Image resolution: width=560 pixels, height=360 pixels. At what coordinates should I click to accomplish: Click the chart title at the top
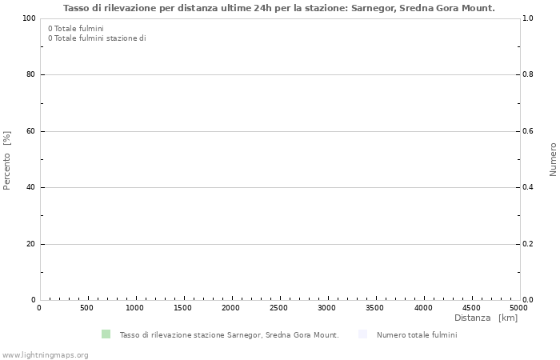click(278, 8)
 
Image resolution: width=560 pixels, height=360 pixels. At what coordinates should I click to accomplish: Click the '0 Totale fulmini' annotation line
click(76, 28)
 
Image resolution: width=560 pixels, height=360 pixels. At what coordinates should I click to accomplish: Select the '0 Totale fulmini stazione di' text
click(97, 38)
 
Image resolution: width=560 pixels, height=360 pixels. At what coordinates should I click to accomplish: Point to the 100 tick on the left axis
click(29, 18)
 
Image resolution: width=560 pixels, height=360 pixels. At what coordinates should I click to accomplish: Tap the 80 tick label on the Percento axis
click(30, 74)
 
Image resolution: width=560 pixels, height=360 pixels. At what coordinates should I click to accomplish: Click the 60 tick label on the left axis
click(30, 131)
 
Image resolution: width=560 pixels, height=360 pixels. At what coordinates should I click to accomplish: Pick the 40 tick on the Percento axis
click(30, 187)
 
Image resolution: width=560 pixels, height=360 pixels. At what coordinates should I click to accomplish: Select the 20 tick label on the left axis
click(30, 244)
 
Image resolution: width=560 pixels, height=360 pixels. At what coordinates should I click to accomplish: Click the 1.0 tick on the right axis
click(528, 18)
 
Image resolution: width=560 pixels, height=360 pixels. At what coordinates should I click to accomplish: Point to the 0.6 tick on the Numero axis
click(528, 131)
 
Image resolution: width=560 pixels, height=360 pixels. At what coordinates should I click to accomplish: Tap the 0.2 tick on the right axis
click(528, 244)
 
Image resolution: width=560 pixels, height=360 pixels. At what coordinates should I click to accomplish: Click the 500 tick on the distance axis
click(87, 308)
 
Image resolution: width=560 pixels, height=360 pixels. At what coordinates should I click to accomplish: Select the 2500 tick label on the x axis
click(279, 308)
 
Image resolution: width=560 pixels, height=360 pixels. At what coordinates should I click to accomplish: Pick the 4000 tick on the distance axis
click(423, 308)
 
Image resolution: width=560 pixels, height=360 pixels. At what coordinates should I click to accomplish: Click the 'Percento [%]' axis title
click(7, 160)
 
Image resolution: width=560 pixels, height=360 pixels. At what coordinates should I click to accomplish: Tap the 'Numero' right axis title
click(553, 159)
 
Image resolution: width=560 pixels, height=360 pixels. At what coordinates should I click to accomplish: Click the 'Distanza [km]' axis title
click(486, 318)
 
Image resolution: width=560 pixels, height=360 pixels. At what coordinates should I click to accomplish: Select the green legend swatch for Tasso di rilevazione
click(106, 334)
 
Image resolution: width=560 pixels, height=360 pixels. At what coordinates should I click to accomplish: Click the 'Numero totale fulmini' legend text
click(417, 335)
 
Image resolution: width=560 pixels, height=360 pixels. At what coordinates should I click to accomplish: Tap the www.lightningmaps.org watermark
click(45, 354)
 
